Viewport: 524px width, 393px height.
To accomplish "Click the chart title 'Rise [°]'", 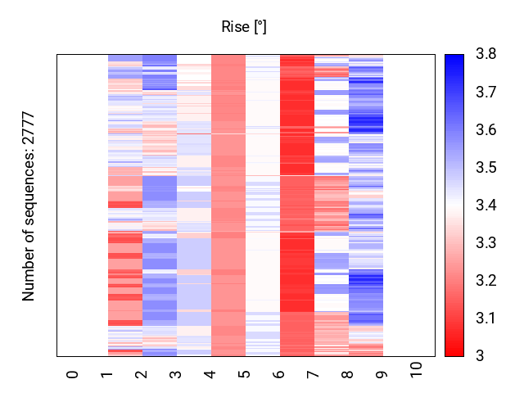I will [244, 27].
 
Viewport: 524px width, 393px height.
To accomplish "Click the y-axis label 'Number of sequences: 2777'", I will [29, 206].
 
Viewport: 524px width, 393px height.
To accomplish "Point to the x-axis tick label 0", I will [72, 373].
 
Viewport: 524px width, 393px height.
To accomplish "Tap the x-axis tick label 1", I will [106, 373].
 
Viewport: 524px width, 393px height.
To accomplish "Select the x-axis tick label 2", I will [141, 373].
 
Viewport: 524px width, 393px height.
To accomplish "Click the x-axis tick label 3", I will [175, 373].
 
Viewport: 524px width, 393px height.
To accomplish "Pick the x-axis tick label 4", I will [210, 373].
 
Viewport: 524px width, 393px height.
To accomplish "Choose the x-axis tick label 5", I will [244, 373].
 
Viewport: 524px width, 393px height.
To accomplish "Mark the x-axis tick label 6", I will [278, 373].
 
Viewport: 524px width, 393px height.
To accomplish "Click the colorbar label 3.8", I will [486, 55].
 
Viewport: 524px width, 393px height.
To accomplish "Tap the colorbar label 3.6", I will [486, 130].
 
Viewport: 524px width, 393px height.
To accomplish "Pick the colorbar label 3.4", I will [486, 206].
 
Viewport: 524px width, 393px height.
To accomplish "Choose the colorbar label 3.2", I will [486, 281].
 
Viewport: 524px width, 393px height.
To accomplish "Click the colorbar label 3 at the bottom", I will [480, 355].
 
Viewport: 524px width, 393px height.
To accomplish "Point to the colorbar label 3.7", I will [486, 93].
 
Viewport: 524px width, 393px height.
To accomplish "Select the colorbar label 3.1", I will [486, 318].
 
